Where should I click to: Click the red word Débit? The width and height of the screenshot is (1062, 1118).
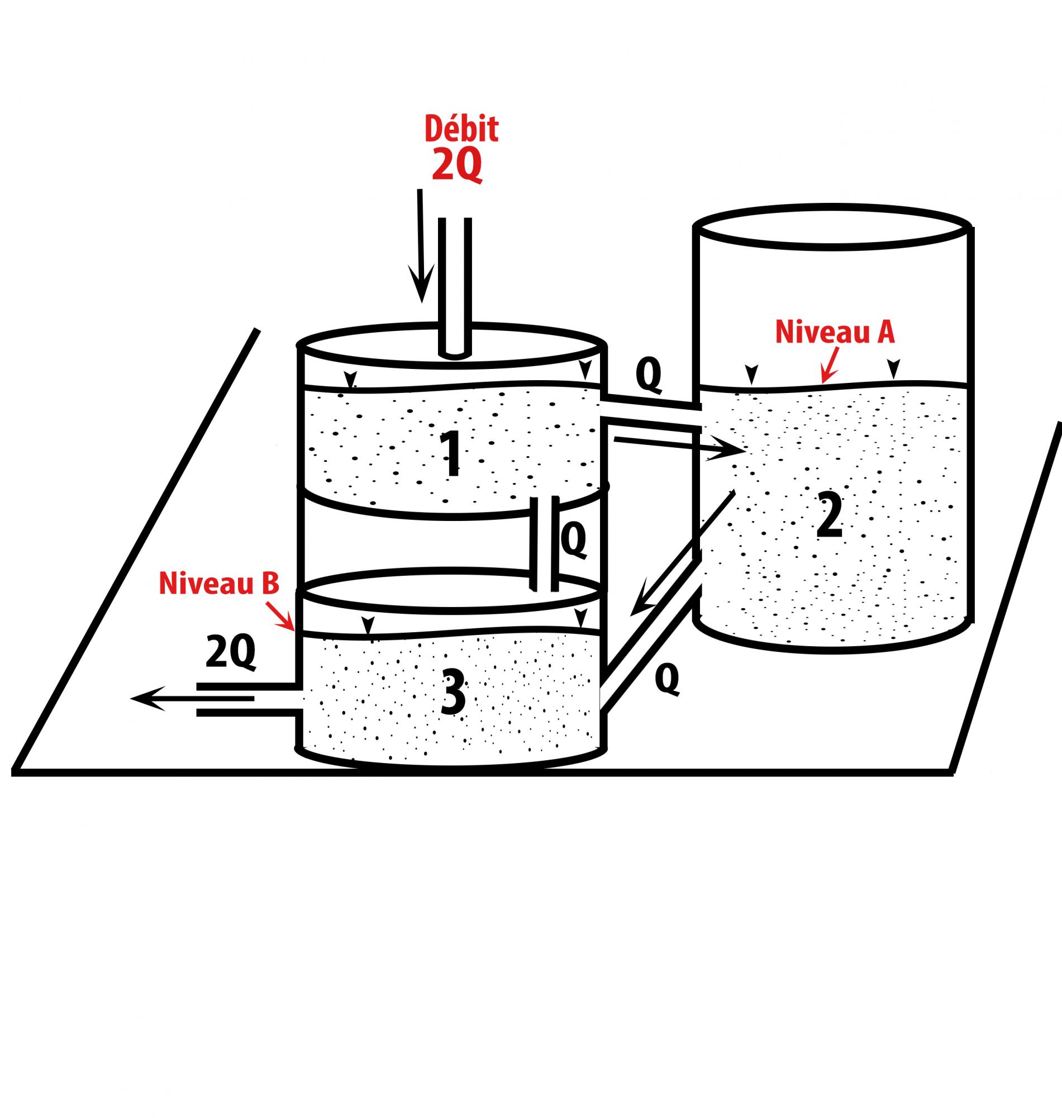(x=461, y=129)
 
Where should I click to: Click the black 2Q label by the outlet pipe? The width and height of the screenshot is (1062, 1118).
(x=230, y=653)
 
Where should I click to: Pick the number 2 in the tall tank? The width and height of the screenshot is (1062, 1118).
(x=830, y=516)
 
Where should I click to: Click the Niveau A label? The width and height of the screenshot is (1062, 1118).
(x=835, y=333)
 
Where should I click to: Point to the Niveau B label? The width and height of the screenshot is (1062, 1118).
(x=218, y=584)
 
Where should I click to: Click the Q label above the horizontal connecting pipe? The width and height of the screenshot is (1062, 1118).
(x=649, y=375)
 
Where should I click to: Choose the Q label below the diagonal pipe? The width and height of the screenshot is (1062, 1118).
(x=667, y=680)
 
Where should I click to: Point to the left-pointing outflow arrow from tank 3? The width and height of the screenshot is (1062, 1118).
(x=193, y=698)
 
